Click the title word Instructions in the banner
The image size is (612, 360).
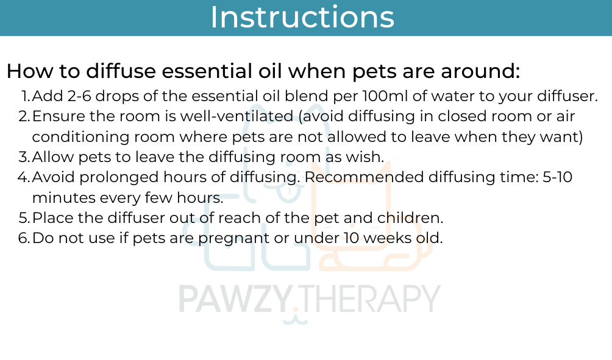coord(302,17)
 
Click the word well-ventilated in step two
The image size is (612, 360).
coord(237,116)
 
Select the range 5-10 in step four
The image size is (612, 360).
coord(558,177)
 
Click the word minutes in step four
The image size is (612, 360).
coord(64,197)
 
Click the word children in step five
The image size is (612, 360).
coord(410,217)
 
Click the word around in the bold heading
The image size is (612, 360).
coord(480,71)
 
